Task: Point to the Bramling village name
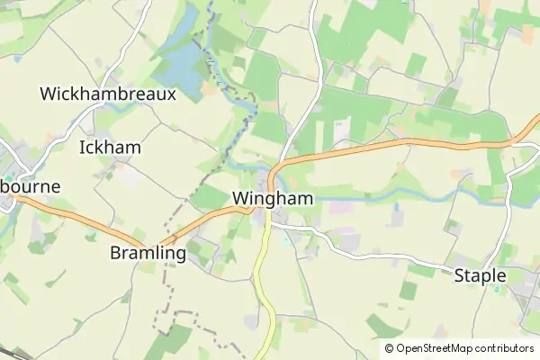[148, 253]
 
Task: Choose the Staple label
[480, 275]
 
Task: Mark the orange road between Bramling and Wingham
[216, 217]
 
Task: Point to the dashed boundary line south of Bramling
[164, 288]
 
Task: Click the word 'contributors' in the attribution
[504, 348]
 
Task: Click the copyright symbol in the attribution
[389, 348]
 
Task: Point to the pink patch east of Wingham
[342, 207]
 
